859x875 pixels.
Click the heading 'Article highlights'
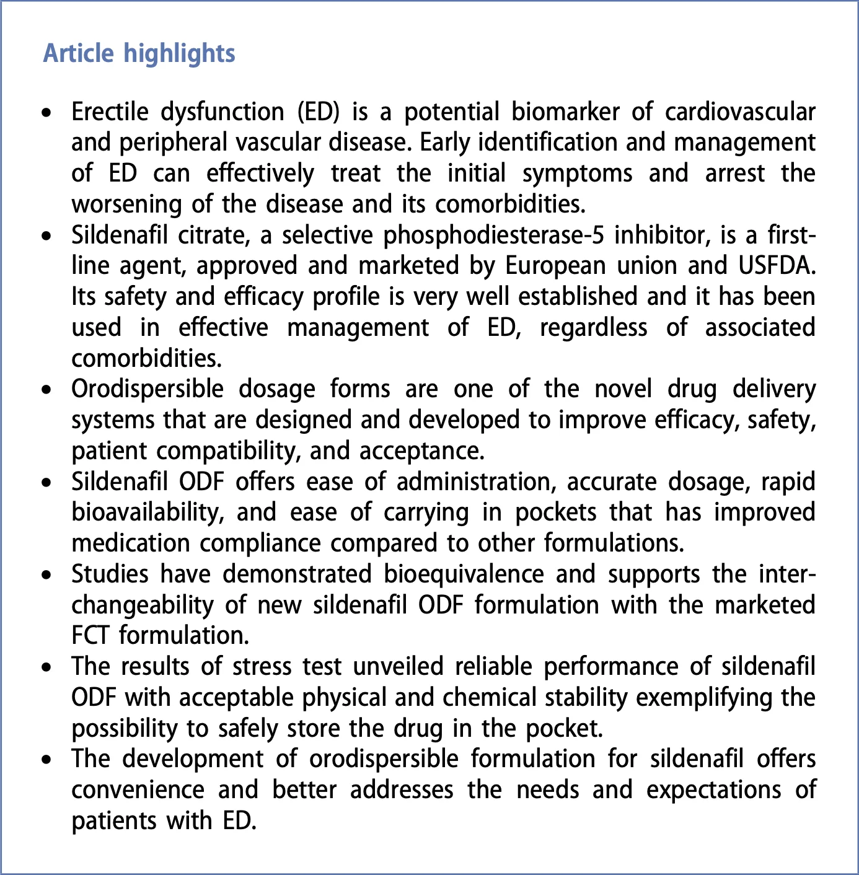pyautogui.click(x=139, y=53)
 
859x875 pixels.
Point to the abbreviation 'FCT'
pyautogui.click(x=92, y=635)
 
